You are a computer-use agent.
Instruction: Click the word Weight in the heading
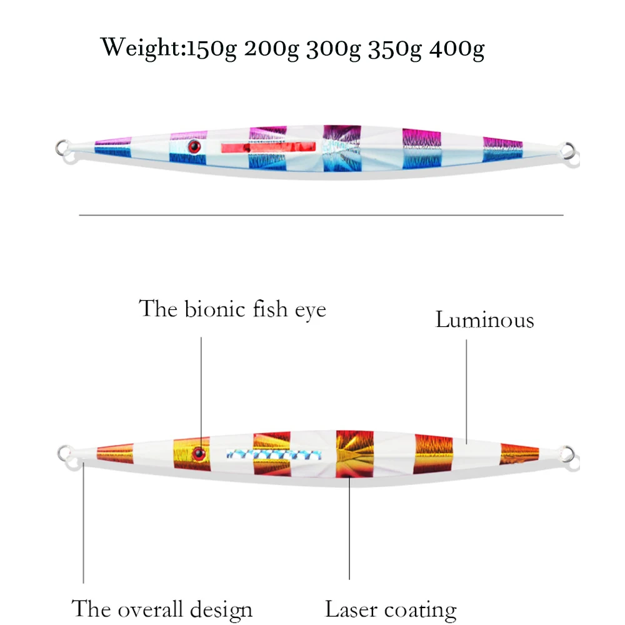139,47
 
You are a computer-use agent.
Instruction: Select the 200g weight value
271,49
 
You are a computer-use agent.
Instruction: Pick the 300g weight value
333,49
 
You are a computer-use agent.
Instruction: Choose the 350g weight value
395,49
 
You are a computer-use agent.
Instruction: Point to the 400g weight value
457,49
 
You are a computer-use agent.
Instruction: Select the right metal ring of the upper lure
566,150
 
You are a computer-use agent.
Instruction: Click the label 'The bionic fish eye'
232,309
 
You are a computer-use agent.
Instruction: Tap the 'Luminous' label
484,320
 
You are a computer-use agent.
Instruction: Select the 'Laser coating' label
391,609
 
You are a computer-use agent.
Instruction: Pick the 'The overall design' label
162,609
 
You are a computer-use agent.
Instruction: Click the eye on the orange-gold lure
200,451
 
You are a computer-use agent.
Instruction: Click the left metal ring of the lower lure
64,452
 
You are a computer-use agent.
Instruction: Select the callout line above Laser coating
349,537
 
